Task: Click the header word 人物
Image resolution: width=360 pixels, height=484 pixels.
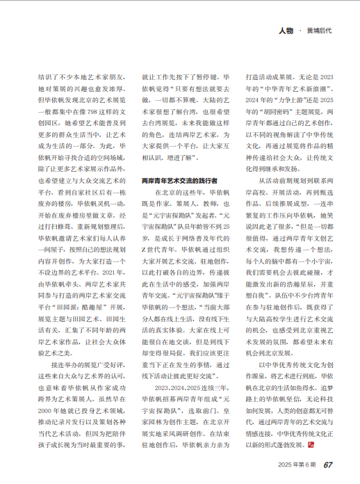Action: [x=284, y=31]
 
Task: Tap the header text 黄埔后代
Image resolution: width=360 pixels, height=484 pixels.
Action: [x=318, y=31]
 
